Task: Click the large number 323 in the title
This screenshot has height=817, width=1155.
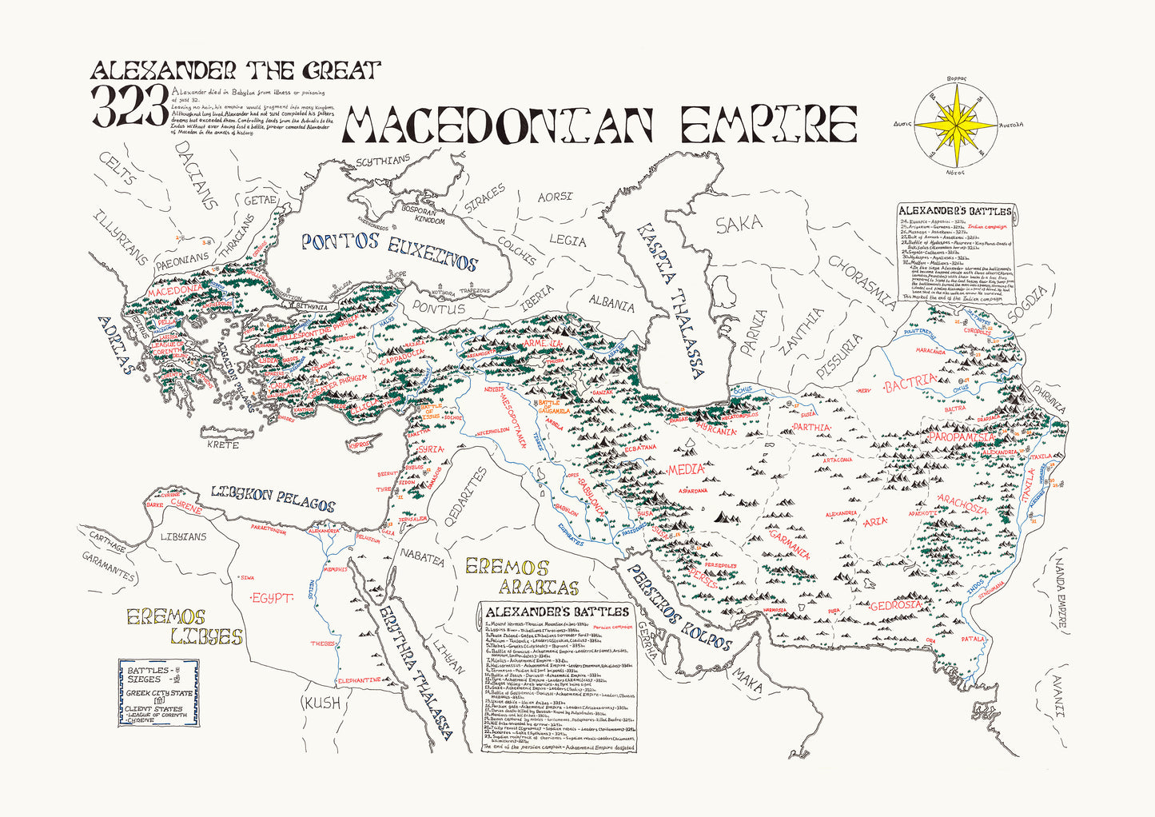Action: point(131,106)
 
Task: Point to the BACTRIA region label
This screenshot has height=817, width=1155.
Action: point(910,385)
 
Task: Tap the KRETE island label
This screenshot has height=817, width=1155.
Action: point(222,444)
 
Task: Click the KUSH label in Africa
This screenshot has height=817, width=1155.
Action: point(321,703)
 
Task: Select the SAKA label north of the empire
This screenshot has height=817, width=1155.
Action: point(739,225)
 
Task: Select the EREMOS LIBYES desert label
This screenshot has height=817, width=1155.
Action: point(183,627)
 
